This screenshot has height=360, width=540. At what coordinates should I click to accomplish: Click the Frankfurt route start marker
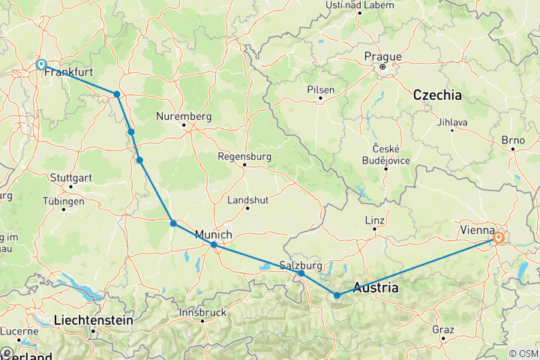[x=41, y=64]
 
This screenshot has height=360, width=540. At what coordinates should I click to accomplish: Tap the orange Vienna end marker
[x=499, y=238]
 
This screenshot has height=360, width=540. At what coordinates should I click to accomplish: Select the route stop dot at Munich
[x=214, y=244]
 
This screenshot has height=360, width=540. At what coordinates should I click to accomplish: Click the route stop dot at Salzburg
[x=301, y=274]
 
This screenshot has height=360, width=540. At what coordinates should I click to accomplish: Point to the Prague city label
[x=383, y=56]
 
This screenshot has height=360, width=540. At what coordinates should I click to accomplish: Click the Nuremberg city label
[x=184, y=116]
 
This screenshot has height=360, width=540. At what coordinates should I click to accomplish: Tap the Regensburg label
[x=242, y=157]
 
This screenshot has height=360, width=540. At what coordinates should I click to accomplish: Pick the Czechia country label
[x=436, y=95]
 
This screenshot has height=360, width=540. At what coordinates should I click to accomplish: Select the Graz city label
[x=442, y=330]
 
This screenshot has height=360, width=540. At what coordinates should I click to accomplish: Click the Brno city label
[x=516, y=140]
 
